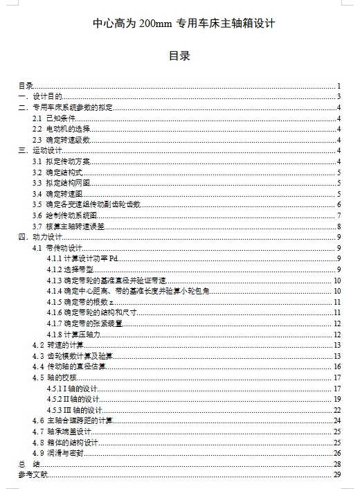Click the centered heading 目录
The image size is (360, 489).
point(179,56)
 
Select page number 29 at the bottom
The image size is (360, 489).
point(337,474)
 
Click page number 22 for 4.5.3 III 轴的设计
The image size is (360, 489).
point(337,410)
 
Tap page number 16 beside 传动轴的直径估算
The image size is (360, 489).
point(337,366)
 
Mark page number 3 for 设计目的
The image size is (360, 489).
point(339,97)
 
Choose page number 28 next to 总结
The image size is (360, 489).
point(337,464)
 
